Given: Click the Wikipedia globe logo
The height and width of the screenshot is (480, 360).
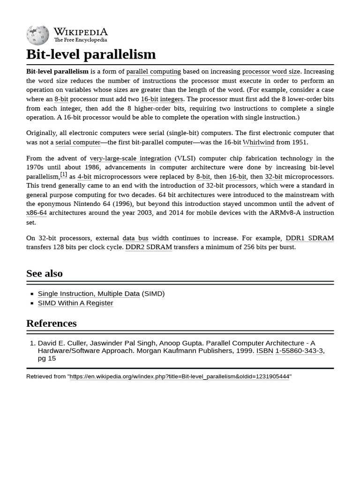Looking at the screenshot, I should point(37,35).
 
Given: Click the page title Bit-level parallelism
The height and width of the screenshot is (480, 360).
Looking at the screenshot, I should point(91,54).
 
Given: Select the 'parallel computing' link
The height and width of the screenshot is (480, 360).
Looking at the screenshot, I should point(153,72).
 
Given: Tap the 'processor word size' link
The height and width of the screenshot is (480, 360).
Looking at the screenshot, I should point(271,72).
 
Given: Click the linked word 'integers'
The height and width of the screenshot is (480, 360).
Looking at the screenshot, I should point(172,99).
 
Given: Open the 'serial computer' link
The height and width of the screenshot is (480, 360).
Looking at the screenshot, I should point(78,142).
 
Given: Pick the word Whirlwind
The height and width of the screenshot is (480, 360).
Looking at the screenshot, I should point(258,142).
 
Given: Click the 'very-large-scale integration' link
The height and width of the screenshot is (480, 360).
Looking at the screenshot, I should point(130,158).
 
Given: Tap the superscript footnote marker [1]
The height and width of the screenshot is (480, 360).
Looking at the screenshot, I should point(63,174).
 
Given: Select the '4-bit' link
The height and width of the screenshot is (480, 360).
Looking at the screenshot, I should point(84,177).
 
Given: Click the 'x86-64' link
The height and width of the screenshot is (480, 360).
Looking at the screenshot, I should point(37,213).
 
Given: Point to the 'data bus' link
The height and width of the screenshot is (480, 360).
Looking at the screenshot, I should point(135,238).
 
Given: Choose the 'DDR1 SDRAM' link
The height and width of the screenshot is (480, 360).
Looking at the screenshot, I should point(309,238).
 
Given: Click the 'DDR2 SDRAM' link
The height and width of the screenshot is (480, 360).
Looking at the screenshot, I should point(149,247).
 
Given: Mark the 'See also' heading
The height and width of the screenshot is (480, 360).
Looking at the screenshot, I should point(45,273).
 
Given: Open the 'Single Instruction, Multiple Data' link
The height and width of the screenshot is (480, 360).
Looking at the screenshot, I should point(89,294).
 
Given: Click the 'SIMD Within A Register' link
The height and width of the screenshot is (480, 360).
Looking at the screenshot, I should point(75,303).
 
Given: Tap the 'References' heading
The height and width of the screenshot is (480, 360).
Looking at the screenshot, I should point(52,323).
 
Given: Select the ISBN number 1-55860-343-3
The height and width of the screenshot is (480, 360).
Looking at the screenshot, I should point(299,351).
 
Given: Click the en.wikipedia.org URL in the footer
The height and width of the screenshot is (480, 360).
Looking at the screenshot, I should point(180,376).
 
